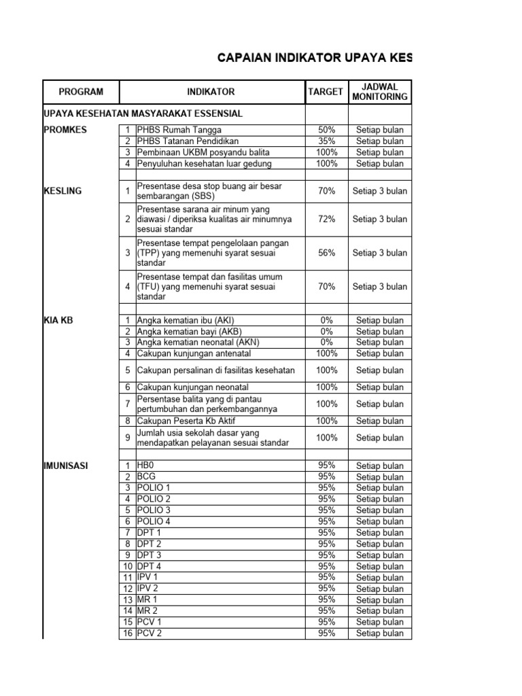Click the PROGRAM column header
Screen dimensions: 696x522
(81, 92)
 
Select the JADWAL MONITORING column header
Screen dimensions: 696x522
(380, 92)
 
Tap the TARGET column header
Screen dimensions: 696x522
(326, 92)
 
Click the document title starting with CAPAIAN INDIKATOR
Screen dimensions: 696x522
(314, 58)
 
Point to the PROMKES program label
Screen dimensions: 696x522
(65, 130)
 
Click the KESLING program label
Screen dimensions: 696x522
(63, 191)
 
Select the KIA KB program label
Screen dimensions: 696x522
(58, 320)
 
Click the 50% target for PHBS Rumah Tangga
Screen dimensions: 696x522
(326, 130)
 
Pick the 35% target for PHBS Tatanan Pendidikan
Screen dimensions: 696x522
(326, 141)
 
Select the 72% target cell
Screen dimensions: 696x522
(326, 219)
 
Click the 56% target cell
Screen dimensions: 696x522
(326, 253)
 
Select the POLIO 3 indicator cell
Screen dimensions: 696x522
(154, 510)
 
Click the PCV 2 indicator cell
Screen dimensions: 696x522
(150, 633)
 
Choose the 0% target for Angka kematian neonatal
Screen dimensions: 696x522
(326, 343)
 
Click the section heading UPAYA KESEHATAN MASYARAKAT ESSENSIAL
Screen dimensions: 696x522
(143, 114)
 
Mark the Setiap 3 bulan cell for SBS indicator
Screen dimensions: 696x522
(380, 191)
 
